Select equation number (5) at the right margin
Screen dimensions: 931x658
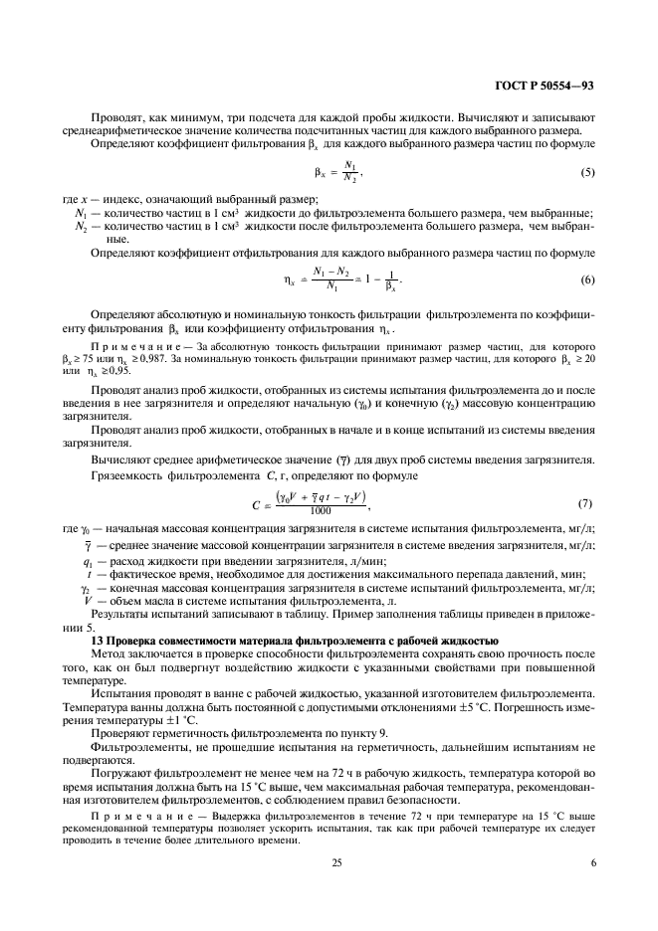click(586, 175)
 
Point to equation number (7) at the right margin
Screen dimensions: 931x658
click(586, 504)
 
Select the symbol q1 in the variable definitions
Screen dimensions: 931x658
click(89, 561)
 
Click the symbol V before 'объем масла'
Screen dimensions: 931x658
click(89, 602)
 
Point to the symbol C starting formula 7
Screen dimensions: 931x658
click(257, 505)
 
